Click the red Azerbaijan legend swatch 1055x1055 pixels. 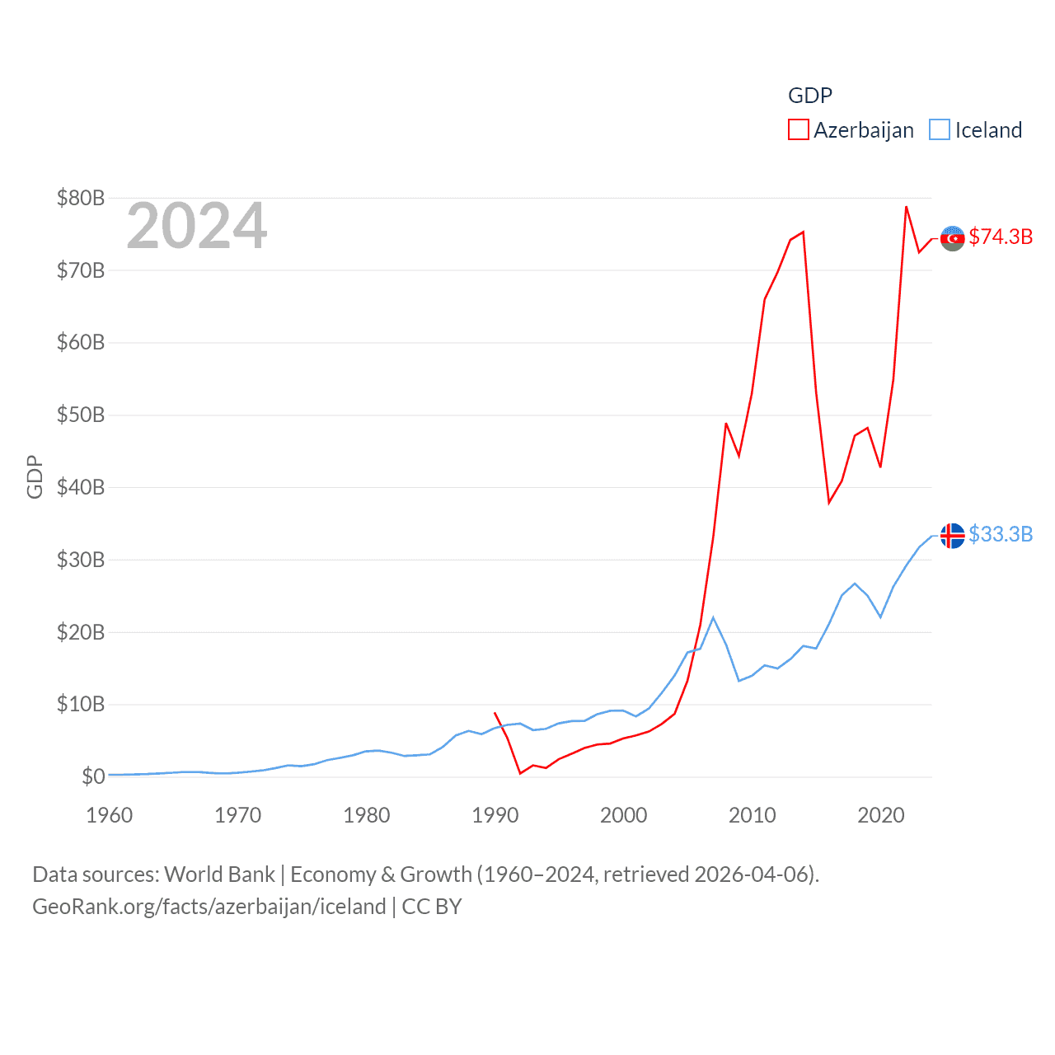click(x=798, y=130)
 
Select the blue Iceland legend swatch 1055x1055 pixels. click(x=940, y=130)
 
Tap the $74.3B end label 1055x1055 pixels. click(x=1001, y=237)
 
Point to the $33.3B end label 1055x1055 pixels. click(x=1001, y=534)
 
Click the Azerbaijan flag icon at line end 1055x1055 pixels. click(x=952, y=238)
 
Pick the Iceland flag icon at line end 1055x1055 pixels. click(x=952, y=536)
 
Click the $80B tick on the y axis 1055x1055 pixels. click(x=80, y=198)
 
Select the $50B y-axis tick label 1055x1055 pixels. click(x=80, y=415)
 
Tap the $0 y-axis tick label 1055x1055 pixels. click(x=93, y=776)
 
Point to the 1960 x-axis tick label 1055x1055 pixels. click(x=109, y=815)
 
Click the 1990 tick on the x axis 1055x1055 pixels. click(x=495, y=815)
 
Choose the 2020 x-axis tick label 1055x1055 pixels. click(x=880, y=815)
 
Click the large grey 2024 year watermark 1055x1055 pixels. click(x=196, y=226)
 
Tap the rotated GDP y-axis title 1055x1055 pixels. click(x=35, y=476)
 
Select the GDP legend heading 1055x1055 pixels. click(x=809, y=96)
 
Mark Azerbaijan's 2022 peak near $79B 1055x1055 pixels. click(x=906, y=207)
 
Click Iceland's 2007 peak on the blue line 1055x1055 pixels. click(x=713, y=617)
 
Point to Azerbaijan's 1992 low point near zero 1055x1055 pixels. click(x=520, y=773)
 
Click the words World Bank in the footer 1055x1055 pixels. click(x=219, y=874)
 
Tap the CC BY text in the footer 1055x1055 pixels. click(x=431, y=907)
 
